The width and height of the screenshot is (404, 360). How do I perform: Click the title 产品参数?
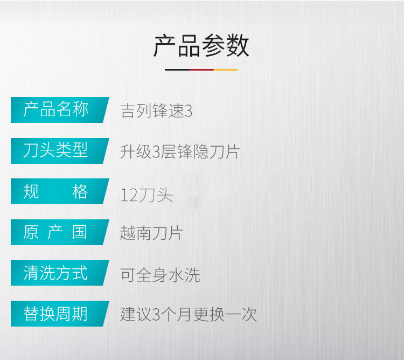(x=201, y=46)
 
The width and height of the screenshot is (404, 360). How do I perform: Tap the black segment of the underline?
(x=177, y=70)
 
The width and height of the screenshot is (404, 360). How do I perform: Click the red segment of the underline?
(x=201, y=70)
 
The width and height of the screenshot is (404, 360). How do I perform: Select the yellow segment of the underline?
(x=226, y=70)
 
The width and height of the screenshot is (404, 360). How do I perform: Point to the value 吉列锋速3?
(x=156, y=111)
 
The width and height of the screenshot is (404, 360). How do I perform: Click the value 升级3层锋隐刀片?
(x=180, y=151)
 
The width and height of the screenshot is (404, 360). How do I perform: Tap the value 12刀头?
(x=147, y=195)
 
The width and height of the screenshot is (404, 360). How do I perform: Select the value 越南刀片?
(x=151, y=233)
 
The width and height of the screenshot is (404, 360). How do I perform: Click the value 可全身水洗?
(x=160, y=275)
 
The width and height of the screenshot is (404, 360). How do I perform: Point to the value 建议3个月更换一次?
(x=189, y=314)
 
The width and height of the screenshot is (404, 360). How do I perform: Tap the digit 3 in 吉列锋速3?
(x=189, y=112)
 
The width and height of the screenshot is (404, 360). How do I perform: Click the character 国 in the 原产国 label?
(x=80, y=232)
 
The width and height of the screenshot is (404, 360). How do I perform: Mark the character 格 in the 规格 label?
(x=80, y=191)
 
